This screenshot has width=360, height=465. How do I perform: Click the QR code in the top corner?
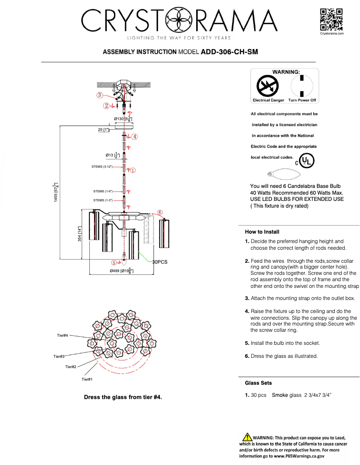pos(331,19)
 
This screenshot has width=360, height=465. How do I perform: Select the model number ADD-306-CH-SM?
pos(229,52)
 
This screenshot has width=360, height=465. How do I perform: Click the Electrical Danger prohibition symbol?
pos(268,86)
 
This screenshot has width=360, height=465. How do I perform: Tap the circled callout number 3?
pos(99,95)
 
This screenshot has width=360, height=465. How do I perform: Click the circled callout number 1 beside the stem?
pos(133,170)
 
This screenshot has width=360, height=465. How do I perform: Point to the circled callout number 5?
pos(114,263)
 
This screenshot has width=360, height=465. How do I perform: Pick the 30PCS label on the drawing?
pos(160,262)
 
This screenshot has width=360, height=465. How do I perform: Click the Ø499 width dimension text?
pos(121,271)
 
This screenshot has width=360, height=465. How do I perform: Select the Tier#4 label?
pos(62,335)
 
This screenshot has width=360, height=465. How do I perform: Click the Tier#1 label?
pos(87,379)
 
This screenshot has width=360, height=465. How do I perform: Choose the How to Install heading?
pos(262,232)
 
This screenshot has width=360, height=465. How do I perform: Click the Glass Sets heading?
pos(258,383)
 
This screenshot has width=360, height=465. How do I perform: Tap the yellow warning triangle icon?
pos(247,437)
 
